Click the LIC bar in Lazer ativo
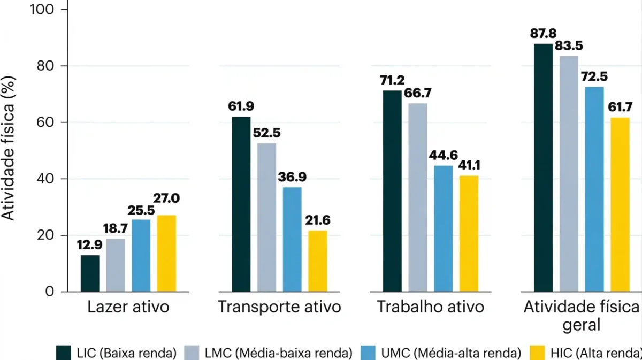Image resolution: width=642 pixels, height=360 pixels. point(90,273)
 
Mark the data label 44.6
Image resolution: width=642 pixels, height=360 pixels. point(443,156)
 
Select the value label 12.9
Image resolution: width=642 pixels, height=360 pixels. point(90,246)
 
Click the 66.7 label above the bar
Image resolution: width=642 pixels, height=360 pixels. point(418,94)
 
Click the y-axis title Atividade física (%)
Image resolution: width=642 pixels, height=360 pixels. point(9,148)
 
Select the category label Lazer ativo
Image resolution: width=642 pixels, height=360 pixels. point(128,307)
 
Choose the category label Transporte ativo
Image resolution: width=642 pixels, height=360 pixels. point(279,307)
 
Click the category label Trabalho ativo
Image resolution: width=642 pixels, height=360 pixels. point(430,307)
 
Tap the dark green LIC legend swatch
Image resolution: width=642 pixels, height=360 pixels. point(64,353)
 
